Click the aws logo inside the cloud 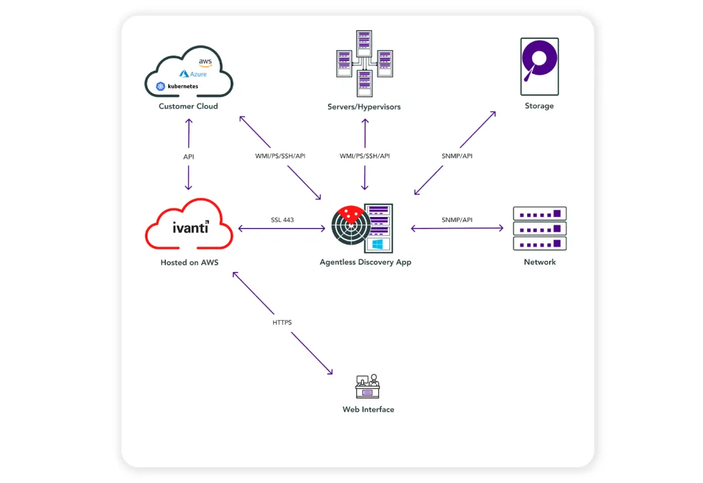(x=205, y=62)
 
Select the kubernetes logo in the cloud (x=177, y=87)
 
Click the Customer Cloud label (x=188, y=106)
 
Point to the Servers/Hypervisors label (x=364, y=107)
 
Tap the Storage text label (x=539, y=106)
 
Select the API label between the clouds (x=188, y=157)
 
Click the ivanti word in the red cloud (x=190, y=227)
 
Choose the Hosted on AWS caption (x=189, y=262)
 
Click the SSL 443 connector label (x=282, y=220)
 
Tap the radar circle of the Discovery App (x=351, y=227)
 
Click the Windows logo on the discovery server (x=377, y=244)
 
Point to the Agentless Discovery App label (x=365, y=262)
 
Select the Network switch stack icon (x=540, y=228)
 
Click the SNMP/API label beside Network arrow (x=457, y=220)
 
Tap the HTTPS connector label (x=282, y=322)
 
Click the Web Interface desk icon (x=368, y=387)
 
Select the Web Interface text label (x=368, y=409)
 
